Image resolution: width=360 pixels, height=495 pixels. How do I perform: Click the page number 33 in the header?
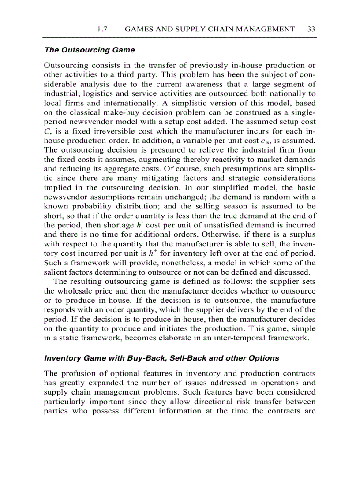coord(311,29)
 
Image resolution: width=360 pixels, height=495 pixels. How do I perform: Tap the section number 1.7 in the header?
coord(102,29)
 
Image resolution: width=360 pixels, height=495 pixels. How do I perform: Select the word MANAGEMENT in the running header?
coord(266,29)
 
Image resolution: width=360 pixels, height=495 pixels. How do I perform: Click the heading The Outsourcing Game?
coord(90,50)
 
